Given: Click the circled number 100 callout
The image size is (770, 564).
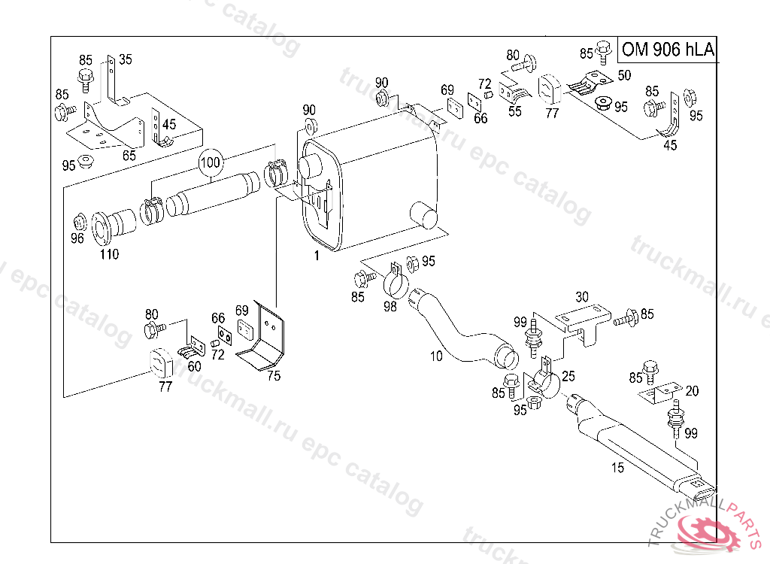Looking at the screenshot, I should [x=211, y=162].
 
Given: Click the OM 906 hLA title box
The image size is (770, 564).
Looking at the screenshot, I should [x=666, y=50].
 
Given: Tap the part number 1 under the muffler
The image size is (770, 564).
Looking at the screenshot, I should [x=317, y=256].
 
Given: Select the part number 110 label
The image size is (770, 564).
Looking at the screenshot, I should [x=110, y=254].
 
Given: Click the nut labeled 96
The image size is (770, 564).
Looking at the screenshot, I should [x=78, y=223].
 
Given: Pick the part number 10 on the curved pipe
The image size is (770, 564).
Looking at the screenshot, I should [x=437, y=356].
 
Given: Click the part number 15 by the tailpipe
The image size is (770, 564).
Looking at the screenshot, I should [x=617, y=468].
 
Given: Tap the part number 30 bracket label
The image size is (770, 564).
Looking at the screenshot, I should [x=582, y=296].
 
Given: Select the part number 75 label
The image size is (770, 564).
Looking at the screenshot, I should [x=274, y=376].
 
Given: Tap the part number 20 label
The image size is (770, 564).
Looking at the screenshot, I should [x=692, y=390].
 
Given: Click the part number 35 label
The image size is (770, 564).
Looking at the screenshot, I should [x=126, y=59].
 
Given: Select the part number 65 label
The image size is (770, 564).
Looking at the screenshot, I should [x=129, y=156].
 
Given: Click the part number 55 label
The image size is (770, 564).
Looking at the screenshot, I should [x=515, y=111].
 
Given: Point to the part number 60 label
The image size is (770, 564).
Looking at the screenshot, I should [x=194, y=366].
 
